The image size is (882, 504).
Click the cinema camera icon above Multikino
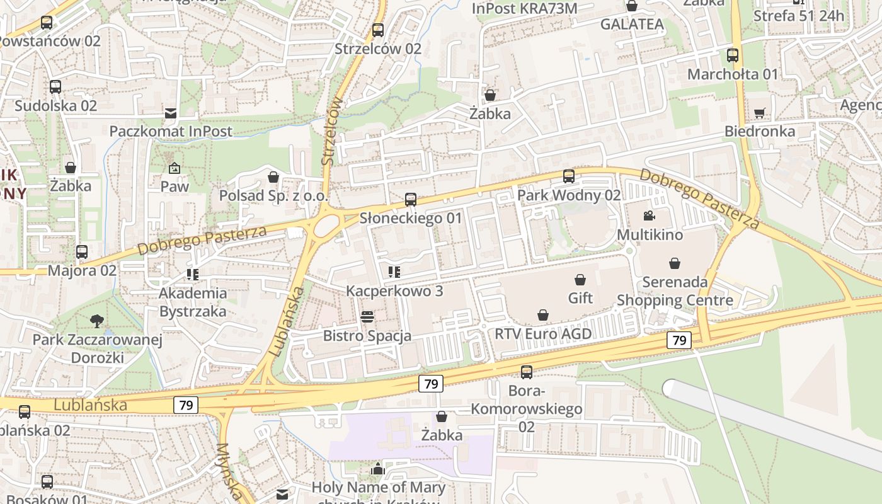649,216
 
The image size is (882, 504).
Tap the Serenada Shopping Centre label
675,291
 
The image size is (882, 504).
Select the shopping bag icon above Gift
580,280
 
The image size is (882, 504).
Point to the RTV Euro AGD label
543,334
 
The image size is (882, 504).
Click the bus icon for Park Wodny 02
569,176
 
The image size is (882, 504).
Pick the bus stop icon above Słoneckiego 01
411,200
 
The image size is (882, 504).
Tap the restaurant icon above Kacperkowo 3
394,272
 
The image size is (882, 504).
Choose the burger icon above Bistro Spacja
367,316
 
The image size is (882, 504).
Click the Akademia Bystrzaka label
193,302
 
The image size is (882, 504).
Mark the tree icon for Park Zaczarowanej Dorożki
97,321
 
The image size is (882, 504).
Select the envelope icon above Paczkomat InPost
171,113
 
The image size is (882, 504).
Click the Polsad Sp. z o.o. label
273,196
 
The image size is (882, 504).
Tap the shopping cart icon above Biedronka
760,113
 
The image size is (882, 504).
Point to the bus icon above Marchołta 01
733,55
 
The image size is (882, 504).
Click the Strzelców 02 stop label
378,49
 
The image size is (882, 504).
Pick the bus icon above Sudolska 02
55,87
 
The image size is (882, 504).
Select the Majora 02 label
83,271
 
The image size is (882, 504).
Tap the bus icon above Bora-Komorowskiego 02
527,372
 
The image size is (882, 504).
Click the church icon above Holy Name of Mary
378,469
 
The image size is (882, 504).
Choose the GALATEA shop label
632,24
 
